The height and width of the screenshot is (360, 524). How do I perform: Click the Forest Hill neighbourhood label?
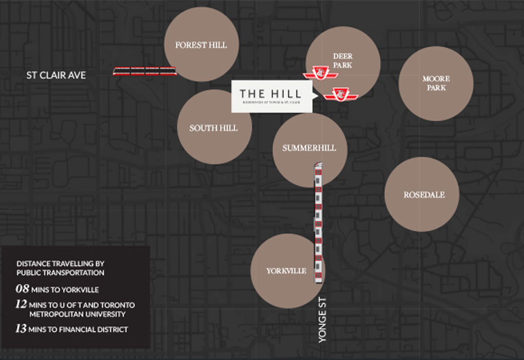point(201,45)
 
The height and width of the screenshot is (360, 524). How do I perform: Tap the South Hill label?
point(213,128)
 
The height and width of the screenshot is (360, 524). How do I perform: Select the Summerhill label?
point(309,148)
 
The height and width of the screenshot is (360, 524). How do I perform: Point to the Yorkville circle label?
point(286,271)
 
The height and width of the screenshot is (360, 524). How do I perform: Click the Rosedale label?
point(424,195)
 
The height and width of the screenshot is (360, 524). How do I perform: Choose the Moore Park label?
point(436,83)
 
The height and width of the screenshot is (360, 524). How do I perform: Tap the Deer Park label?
point(342,60)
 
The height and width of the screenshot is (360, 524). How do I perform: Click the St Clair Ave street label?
point(56,75)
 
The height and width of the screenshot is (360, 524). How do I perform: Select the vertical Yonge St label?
point(322,320)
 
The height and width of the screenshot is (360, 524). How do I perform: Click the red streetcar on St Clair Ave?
point(145,71)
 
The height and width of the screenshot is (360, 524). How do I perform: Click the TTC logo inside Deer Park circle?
point(320,73)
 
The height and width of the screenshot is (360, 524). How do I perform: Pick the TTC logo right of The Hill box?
point(340,94)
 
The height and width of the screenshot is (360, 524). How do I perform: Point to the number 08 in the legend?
point(22,289)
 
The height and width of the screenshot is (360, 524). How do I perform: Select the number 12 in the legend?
point(21,304)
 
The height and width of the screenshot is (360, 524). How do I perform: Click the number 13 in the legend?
point(21,329)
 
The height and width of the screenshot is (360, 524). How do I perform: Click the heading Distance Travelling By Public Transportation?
point(60,268)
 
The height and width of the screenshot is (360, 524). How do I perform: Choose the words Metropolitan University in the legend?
point(77,314)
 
